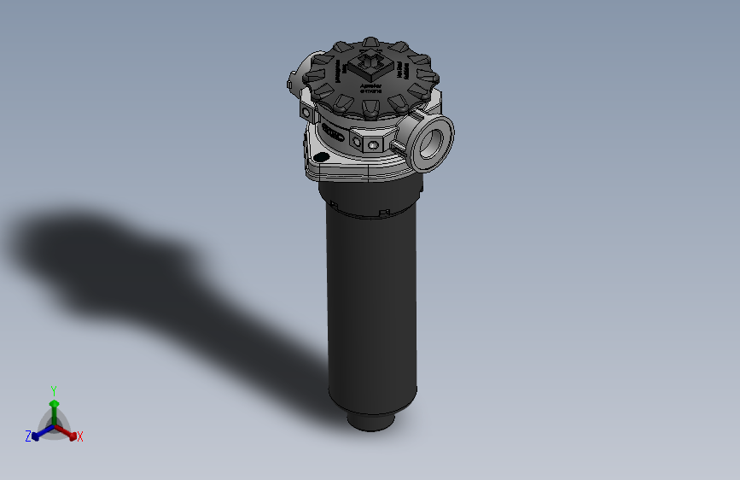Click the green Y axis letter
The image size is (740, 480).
(54, 389)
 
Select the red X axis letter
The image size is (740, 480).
(80, 436)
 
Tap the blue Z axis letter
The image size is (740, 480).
(28, 436)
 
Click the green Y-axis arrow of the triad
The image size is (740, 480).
(54, 406)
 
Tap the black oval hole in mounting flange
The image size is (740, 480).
(321, 158)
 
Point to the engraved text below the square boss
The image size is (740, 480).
(372, 88)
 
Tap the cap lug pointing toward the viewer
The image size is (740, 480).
(372, 108)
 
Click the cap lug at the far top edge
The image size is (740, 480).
(370, 41)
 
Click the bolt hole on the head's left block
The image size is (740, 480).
(306, 111)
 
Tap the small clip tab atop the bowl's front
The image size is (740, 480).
(385, 210)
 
